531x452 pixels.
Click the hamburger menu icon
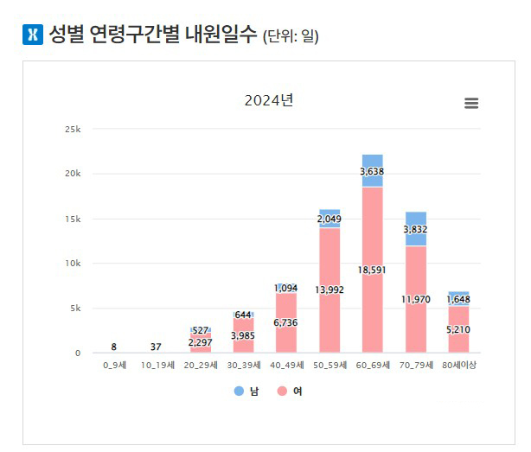coord(471,103)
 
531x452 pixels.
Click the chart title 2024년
coord(268,100)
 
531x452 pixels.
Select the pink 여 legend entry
coord(291,392)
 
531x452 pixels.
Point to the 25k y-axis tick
coord(72,129)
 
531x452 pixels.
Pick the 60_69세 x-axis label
coord(373,366)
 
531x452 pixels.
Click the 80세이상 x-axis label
coord(459,366)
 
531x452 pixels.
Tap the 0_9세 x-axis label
coord(115,366)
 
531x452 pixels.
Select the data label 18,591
coord(373,271)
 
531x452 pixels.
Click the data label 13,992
coord(329,290)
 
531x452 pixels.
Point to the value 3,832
coord(416,229)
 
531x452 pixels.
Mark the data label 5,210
coord(459,329)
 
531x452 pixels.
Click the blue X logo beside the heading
coord(32,36)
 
